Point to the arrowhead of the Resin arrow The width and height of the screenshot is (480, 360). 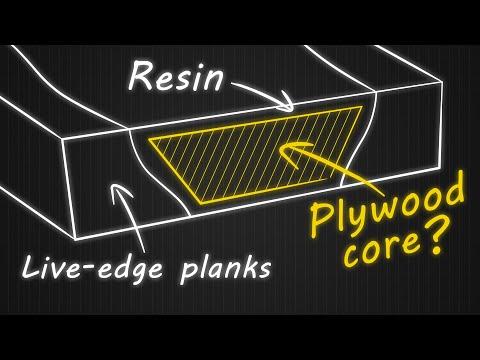(x=290, y=106)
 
